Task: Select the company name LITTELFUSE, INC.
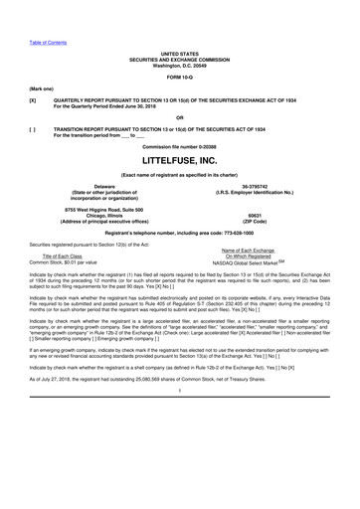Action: [x=179, y=160]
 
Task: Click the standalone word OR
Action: [x=179, y=115]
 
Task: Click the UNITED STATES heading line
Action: [x=179, y=48]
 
